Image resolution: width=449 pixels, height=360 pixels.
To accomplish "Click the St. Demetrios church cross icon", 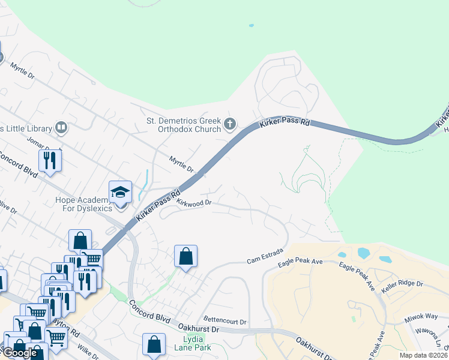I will pyautogui.click(x=229, y=125).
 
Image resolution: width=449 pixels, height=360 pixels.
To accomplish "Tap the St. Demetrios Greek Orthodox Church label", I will pyautogui.click(x=185, y=124).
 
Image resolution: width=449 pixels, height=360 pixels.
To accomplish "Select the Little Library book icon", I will pyautogui.click(x=61, y=127).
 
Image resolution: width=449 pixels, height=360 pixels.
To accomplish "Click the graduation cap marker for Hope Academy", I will pyautogui.click(x=120, y=193).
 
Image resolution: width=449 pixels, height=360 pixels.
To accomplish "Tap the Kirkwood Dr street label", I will pyautogui.click(x=194, y=203).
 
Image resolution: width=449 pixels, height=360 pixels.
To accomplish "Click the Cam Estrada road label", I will pyautogui.click(x=265, y=260).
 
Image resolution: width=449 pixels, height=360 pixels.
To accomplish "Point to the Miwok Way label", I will pyautogui.click(x=421, y=316).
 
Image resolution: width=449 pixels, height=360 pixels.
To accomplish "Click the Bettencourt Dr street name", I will pyautogui.click(x=225, y=322).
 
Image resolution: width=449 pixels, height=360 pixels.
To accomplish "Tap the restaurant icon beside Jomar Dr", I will pyautogui.click(x=50, y=160).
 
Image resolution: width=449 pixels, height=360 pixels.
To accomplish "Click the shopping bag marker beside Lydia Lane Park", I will pyautogui.click(x=154, y=344).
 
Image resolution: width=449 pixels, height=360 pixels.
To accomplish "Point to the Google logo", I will pyautogui.click(x=19, y=353).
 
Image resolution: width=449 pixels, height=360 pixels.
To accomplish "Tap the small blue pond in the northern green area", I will pyautogui.click(x=251, y=26).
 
